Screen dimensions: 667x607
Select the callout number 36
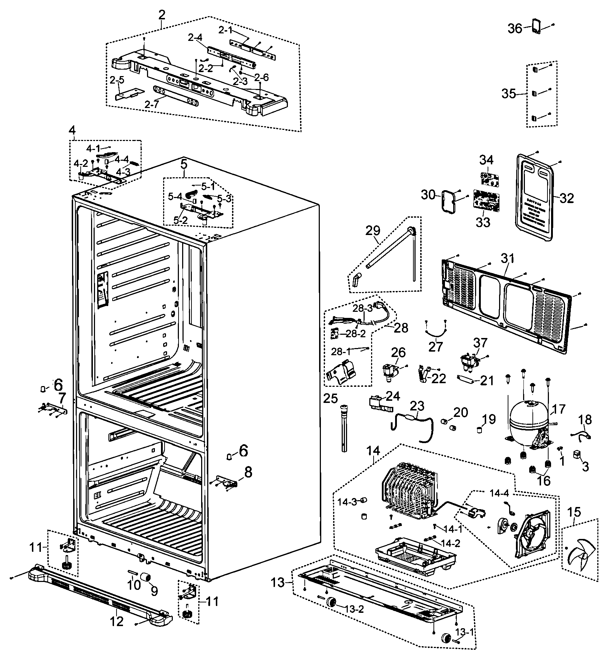(515, 28)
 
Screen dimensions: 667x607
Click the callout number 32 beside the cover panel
(566, 198)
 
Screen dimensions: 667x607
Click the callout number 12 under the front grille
(117, 621)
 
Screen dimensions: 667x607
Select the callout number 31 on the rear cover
(507, 258)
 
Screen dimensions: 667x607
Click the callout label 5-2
(180, 220)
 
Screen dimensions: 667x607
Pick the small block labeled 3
(577, 454)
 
